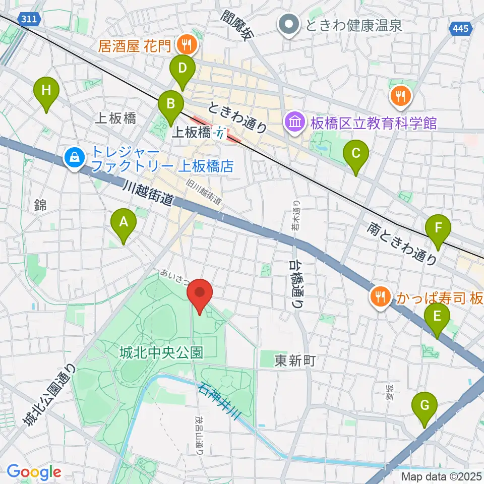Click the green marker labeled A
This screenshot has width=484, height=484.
(123, 222)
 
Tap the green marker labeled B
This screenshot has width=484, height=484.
(171, 105)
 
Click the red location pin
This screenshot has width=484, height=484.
(200, 293)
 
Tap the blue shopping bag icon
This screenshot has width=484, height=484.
(75, 158)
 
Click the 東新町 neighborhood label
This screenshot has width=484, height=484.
(295, 360)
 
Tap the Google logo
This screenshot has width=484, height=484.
(34, 472)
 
